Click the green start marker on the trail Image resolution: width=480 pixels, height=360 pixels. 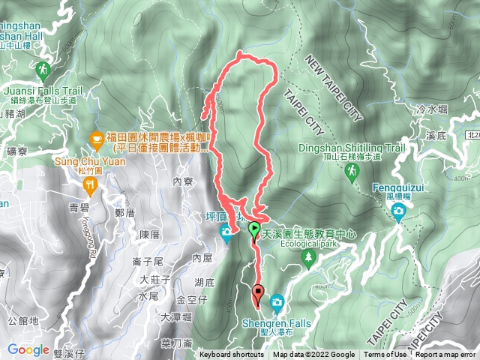pos(254,229)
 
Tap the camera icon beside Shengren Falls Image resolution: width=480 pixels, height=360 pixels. pos(277,301)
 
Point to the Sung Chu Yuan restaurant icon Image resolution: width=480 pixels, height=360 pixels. pos(91,183)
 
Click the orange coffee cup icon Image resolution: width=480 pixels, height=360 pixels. pos(96,138)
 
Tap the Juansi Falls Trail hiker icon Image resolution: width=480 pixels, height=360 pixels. pos(42,72)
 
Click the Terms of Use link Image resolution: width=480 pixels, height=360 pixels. pos(385,355)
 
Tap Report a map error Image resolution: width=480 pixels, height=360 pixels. pos(445,355)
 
